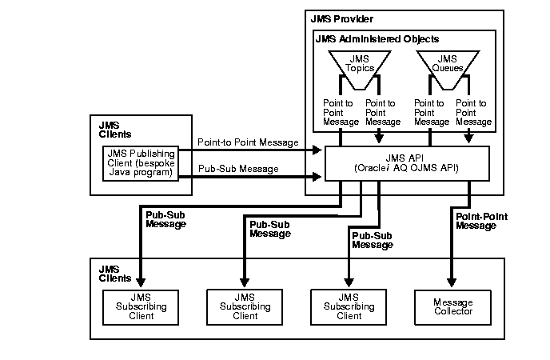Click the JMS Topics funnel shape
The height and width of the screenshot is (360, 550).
click(359, 63)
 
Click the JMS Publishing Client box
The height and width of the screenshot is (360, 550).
click(146, 164)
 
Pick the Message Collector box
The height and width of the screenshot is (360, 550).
click(452, 306)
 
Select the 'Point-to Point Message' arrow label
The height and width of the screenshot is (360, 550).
click(243, 142)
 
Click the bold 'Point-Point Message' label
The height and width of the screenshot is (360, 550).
click(481, 222)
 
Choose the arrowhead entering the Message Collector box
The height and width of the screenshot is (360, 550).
click(452, 282)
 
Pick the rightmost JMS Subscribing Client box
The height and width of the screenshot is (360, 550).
click(349, 306)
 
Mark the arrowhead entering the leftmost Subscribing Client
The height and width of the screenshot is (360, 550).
click(141, 282)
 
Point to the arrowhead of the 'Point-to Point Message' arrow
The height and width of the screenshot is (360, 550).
click(317, 149)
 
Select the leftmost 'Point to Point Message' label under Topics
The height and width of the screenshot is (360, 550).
click(337, 113)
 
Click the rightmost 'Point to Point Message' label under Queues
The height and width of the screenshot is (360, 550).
click(473, 113)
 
